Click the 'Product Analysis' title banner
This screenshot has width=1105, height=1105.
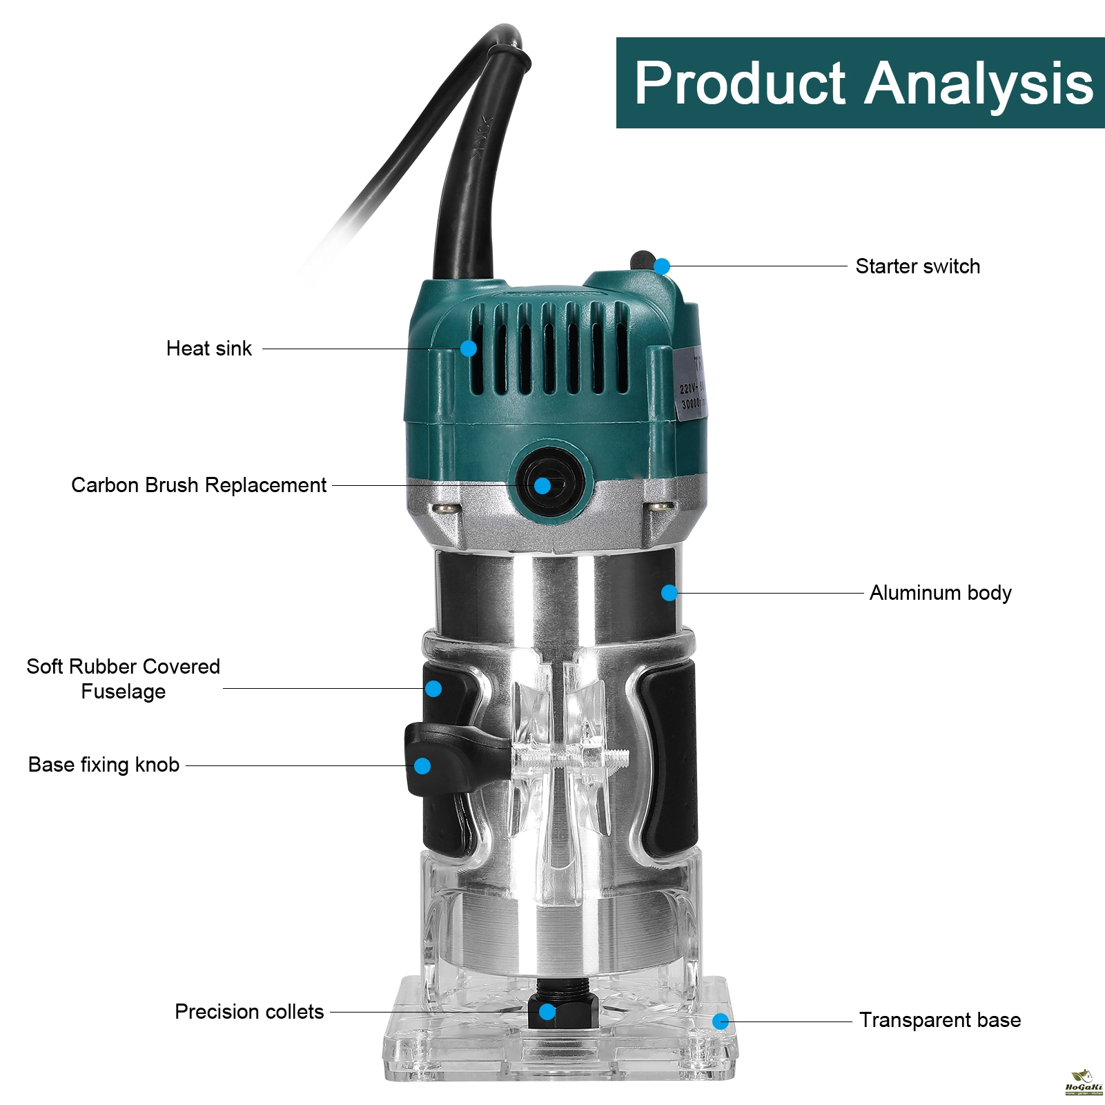click(860, 83)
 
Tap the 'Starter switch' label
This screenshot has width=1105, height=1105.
click(917, 266)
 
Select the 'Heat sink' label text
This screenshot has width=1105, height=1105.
click(209, 349)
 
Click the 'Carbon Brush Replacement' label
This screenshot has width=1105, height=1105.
click(199, 485)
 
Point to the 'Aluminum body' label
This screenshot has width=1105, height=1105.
click(940, 593)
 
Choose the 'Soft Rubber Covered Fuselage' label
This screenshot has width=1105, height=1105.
click(123, 679)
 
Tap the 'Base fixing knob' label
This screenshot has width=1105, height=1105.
click(104, 765)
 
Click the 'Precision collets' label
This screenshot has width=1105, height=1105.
click(249, 1012)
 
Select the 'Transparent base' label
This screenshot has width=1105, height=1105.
click(940, 1020)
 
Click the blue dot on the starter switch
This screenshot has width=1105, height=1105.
click(662, 266)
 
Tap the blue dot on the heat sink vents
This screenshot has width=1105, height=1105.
click(469, 349)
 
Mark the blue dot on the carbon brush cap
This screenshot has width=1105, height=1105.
click(542, 486)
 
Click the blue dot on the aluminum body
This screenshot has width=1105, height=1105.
click(669, 593)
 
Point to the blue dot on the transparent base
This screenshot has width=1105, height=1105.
click(721, 1021)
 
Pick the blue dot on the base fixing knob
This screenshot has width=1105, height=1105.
click(422, 765)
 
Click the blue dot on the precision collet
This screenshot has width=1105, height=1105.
click(547, 1013)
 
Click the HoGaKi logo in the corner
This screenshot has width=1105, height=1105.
click(1083, 1083)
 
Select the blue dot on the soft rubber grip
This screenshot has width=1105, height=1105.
click(433, 689)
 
